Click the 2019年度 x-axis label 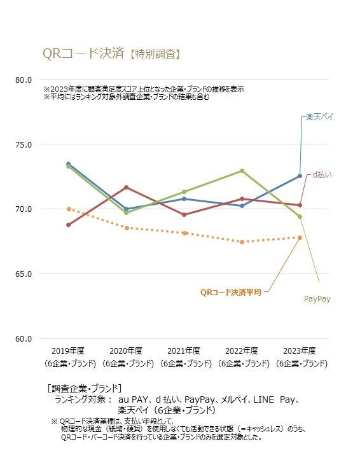(68, 351)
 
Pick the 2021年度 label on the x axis (184, 351)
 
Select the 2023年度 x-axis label (300, 351)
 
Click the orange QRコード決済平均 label (231, 293)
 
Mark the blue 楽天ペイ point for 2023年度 (300, 176)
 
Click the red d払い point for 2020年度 (126, 187)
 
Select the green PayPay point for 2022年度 (242, 170)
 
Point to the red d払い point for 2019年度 (68, 225)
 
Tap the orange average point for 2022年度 (242, 242)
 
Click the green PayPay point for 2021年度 (184, 191)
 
